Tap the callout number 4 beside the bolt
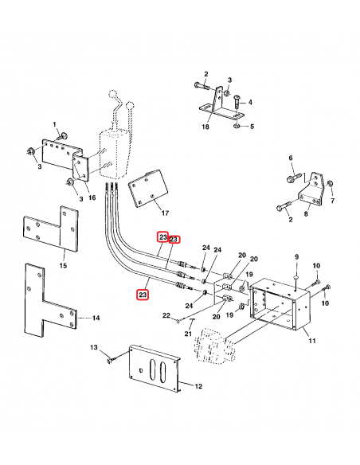pyautogui.click(x=249, y=103)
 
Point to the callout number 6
pyautogui.click(x=291, y=158)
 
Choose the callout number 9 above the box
pyautogui.click(x=296, y=256)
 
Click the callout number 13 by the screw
pyautogui.click(x=93, y=348)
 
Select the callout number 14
pyautogui.click(x=96, y=318)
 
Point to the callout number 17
pyautogui.click(x=165, y=213)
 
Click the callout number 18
pyautogui.click(x=205, y=127)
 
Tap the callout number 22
pyautogui.click(x=167, y=316)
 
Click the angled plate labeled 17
pyautogui.click(x=149, y=190)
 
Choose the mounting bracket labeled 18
pyautogui.click(x=215, y=106)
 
